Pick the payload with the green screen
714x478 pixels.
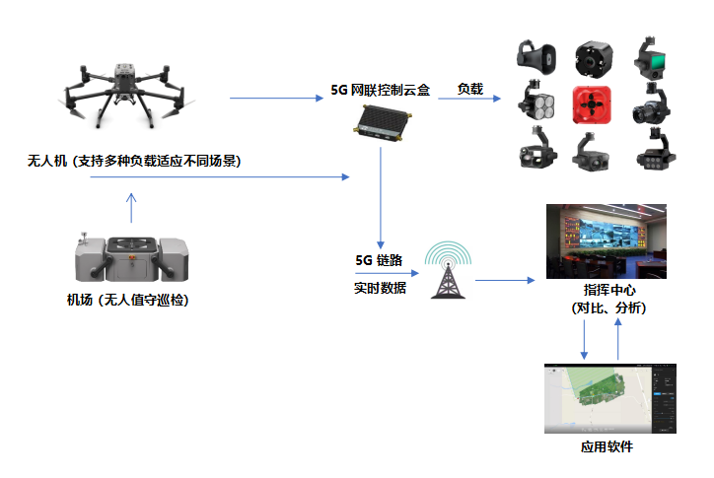coord(652,58)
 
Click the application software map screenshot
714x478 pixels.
coord(610,398)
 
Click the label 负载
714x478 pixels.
coord(469,89)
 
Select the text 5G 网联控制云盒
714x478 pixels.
coord(381,90)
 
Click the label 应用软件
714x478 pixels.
coord(607,447)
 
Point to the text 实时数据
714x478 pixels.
coord(380,289)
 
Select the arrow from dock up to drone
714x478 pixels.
coord(131,208)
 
